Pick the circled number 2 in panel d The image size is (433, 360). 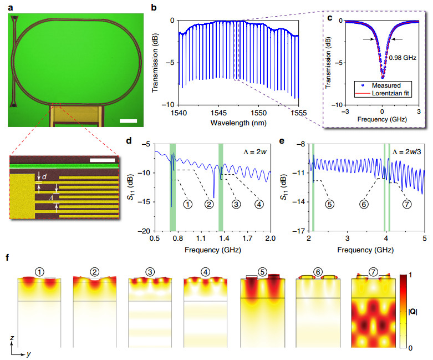tap(209, 204)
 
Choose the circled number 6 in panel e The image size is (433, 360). tap(364, 204)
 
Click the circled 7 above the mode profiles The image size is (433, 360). tap(372, 272)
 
